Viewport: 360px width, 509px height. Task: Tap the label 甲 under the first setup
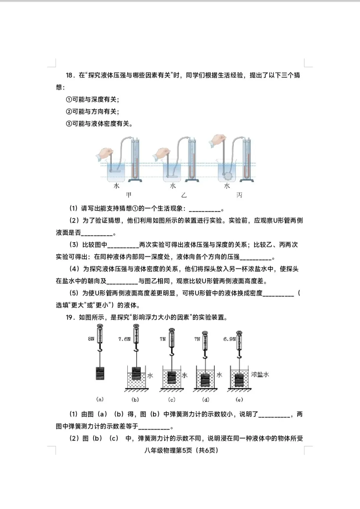[129, 195]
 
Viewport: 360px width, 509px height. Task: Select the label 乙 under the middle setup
[184, 195]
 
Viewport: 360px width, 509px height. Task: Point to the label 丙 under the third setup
[239, 195]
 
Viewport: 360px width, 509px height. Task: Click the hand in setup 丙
[217, 140]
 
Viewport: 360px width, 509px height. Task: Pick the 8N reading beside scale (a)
[91, 339]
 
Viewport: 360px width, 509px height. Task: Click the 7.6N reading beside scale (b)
[124, 339]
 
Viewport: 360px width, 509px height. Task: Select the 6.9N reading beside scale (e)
[229, 339]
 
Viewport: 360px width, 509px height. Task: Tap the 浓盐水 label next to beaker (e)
[260, 375]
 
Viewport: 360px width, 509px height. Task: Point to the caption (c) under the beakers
[172, 399]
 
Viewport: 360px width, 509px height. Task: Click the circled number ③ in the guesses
[69, 124]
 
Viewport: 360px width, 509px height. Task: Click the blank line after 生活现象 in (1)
[205, 209]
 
